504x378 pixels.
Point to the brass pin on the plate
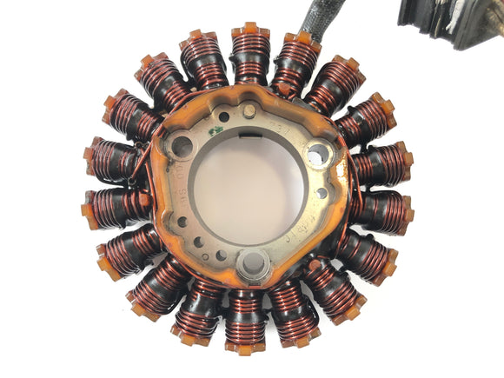coord(249,109)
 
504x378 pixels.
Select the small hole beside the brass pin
coord(224,116)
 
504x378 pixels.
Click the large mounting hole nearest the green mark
coord(182,145)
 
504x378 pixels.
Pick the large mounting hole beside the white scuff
coord(318,155)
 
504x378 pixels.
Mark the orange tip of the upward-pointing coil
coord(250,30)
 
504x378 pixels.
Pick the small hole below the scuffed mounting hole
coord(322,193)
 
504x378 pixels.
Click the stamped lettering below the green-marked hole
coord(176,174)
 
